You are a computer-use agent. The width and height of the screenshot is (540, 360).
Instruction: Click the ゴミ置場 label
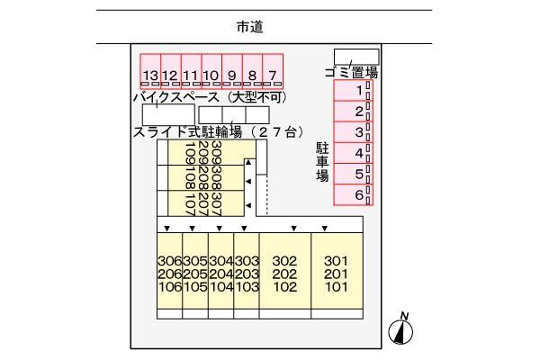pyautogui.click(x=350, y=73)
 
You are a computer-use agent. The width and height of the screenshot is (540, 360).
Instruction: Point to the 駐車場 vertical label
pyautogui.click(x=321, y=161)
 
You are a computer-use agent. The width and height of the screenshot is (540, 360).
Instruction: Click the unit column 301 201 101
pyautogui.click(x=336, y=274)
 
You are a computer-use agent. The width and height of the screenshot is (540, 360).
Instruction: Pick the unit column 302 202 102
pyautogui.click(x=284, y=274)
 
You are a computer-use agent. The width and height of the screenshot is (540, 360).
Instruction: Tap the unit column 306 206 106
pyautogui.click(x=169, y=274)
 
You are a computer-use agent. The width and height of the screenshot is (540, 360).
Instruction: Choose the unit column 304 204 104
pyautogui.click(x=221, y=274)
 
